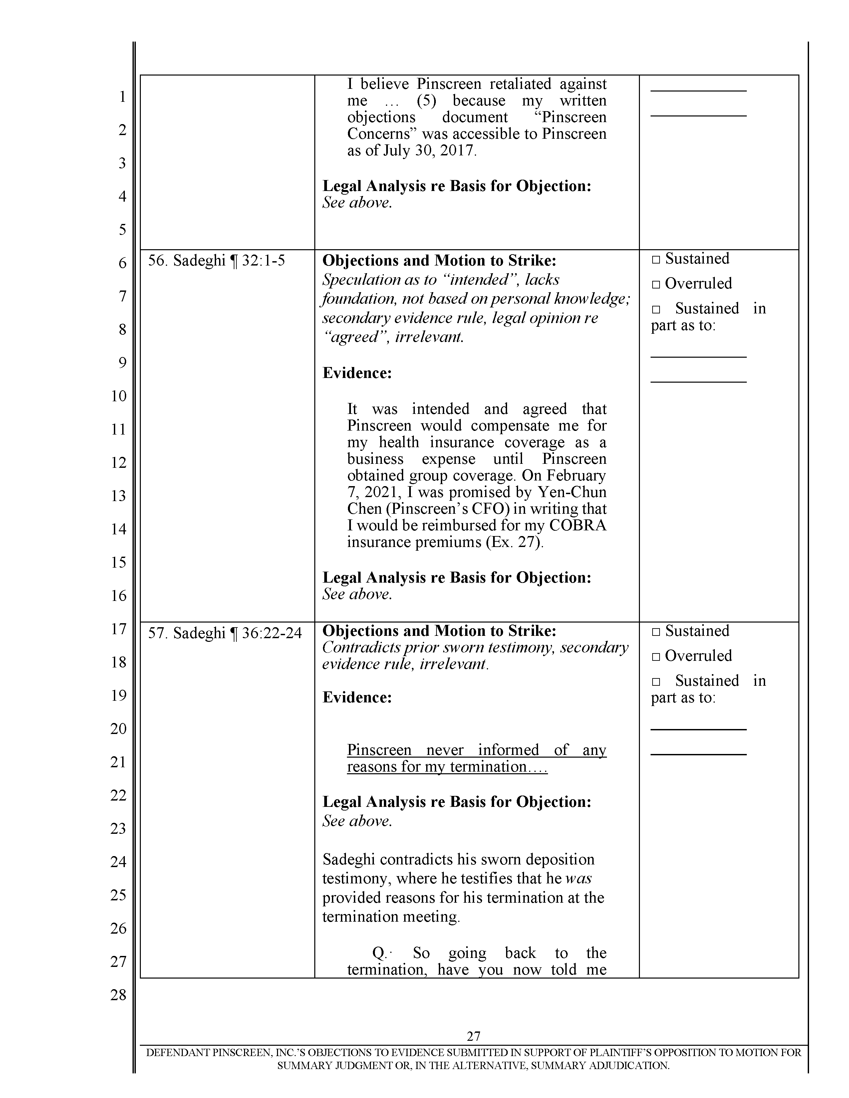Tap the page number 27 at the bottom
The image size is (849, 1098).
click(473, 1036)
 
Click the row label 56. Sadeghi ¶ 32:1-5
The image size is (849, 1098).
click(216, 261)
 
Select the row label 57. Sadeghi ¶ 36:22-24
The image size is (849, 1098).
click(224, 633)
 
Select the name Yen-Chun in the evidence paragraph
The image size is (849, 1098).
click(577, 492)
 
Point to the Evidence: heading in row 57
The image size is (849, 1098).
click(357, 697)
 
